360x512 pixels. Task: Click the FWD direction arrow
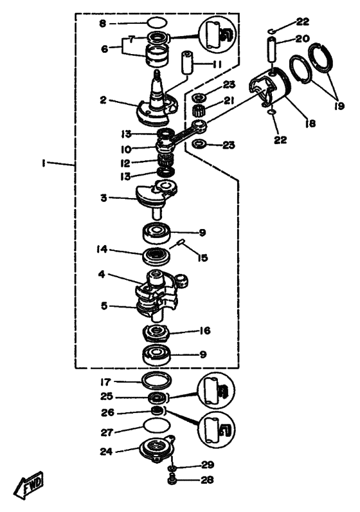(x=29, y=485)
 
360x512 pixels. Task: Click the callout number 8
(x=103, y=24)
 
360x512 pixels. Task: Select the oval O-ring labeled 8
(x=157, y=23)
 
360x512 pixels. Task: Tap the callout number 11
(x=217, y=64)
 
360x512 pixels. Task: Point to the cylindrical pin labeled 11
(x=187, y=62)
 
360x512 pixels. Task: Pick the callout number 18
(x=310, y=123)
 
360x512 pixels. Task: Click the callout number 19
(x=339, y=105)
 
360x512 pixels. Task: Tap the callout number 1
(x=43, y=163)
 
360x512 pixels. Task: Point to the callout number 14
(x=102, y=250)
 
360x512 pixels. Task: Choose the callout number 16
(x=205, y=331)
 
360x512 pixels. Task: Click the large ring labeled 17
(x=157, y=380)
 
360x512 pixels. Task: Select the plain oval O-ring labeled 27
(x=157, y=426)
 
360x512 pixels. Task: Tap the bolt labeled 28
(x=172, y=480)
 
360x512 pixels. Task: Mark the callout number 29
(x=208, y=464)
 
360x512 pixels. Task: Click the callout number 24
(x=107, y=452)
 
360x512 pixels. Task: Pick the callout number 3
(x=104, y=197)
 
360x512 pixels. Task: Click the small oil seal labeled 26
(x=157, y=410)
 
